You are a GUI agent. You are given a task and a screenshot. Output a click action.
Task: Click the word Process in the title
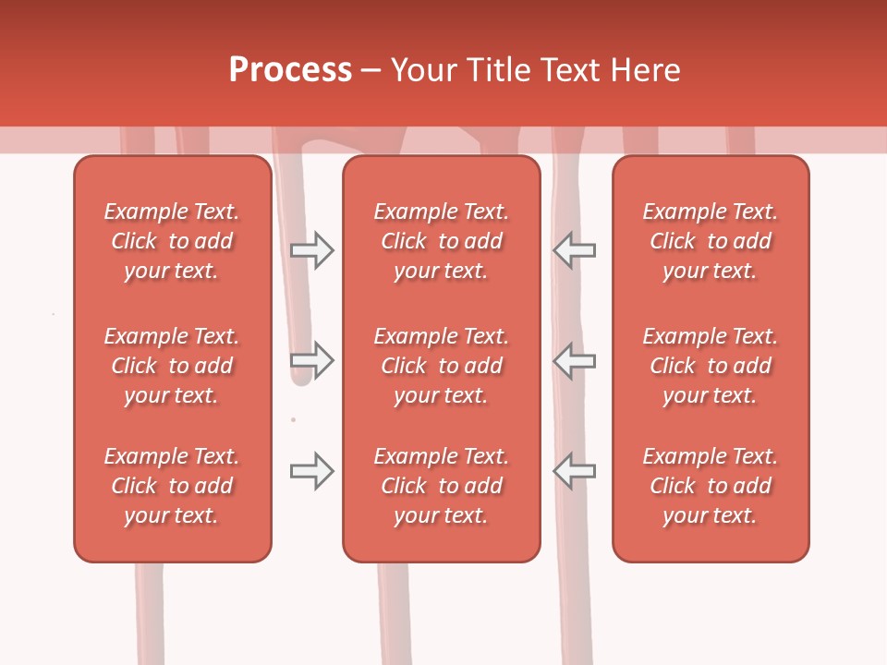[290, 70]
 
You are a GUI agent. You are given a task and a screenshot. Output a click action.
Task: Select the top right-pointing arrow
[312, 250]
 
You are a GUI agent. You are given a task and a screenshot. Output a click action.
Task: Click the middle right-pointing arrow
[312, 360]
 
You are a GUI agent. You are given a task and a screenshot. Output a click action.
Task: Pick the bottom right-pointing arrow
[312, 471]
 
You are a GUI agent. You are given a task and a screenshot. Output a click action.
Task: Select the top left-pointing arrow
[575, 250]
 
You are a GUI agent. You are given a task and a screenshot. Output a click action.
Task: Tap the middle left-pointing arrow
[575, 360]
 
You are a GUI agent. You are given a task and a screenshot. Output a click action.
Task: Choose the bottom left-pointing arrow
[575, 471]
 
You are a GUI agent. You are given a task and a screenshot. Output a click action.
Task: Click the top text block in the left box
[172, 241]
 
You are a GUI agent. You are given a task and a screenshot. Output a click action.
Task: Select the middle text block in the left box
[172, 366]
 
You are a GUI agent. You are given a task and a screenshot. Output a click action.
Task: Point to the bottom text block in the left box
[172, 486]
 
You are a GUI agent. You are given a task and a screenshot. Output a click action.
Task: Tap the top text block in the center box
[442, 241]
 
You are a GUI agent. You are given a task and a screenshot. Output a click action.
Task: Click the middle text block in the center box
[442, 366]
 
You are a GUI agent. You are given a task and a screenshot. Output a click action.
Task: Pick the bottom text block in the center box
[442, 486]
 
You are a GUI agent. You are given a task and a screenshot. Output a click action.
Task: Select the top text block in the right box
[711, 241]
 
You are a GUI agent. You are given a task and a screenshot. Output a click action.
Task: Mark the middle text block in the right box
[711, 366]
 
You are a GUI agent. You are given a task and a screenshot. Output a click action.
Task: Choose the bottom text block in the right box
[711, 486]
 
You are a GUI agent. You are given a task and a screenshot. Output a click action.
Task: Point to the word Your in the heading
[423, 70]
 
